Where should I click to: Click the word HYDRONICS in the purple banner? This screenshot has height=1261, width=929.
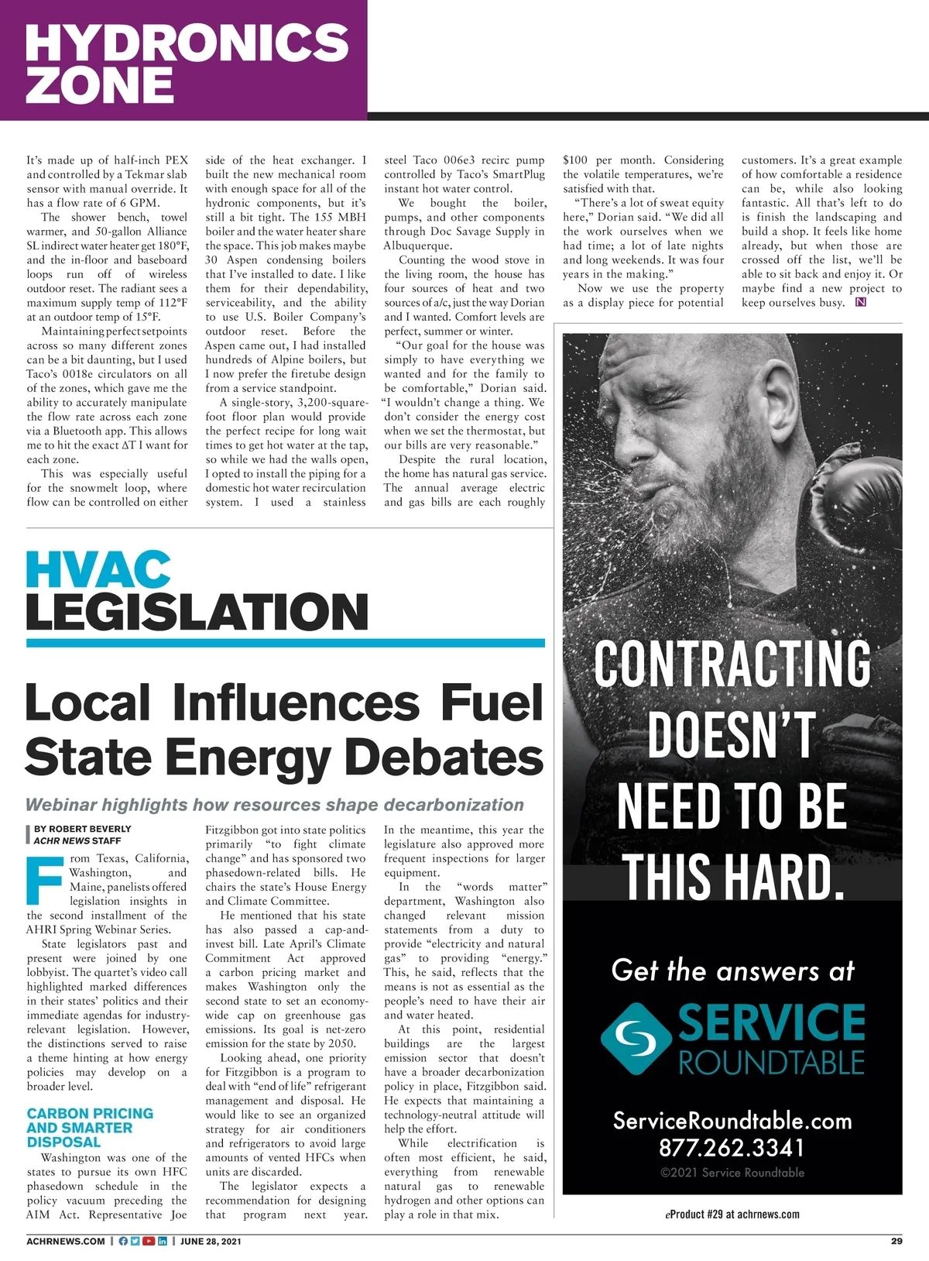(187, 42)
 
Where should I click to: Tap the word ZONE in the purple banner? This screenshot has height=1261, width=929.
(100, 84)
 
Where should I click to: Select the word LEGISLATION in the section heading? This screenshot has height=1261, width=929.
(197, 612)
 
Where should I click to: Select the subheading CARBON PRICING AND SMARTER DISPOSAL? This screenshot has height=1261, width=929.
(90, 1127)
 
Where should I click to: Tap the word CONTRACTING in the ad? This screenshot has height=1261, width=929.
(732, 663)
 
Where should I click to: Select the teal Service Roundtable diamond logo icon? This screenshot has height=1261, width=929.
(636, 1038)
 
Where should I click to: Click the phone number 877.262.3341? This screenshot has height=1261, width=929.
(732, 1147)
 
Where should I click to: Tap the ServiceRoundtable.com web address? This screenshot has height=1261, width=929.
(732, 1121)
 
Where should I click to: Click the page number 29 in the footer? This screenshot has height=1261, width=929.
(896, 1241)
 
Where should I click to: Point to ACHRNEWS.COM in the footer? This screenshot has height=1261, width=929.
(66, 1241)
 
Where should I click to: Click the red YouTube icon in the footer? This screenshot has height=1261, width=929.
(149, 1241)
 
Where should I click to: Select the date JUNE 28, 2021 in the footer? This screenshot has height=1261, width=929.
(211, 1241)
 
